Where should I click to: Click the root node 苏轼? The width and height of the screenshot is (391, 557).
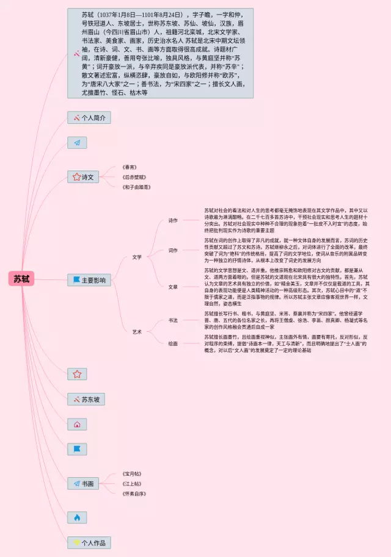[x=21, y=279]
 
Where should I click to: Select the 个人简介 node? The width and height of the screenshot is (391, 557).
[x=89, y=118]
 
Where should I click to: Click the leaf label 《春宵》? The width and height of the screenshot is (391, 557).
[x=129, y=167]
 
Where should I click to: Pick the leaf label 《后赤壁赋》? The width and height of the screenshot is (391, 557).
[x=134, y=177]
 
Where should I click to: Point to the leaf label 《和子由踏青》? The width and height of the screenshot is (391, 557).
[x=136, y=187]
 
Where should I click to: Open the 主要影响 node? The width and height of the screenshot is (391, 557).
[x=89, y=281]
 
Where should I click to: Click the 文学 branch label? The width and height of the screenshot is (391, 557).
[x=137, y=257]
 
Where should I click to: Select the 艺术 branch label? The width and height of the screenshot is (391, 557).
[x=137, y=332]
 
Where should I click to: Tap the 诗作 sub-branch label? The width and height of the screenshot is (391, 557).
[x=173, y=220]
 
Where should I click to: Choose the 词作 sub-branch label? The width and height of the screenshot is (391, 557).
[x=173, y=250]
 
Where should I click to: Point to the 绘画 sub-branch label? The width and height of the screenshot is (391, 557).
[x=173, y=343]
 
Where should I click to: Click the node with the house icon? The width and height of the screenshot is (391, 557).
[x=77, y=424]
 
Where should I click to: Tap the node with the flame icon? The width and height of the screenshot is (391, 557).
[x=77, y=517]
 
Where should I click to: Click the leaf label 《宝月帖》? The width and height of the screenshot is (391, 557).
[x=132, y=473]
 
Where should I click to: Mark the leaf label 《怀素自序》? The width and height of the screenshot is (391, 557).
[x=134, y=494]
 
